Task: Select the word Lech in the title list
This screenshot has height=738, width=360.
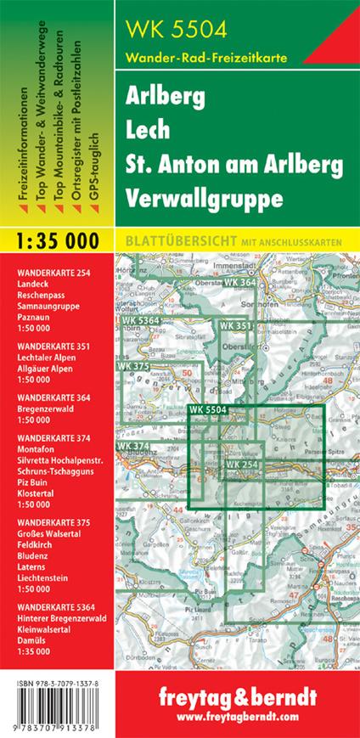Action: [147, 127]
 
